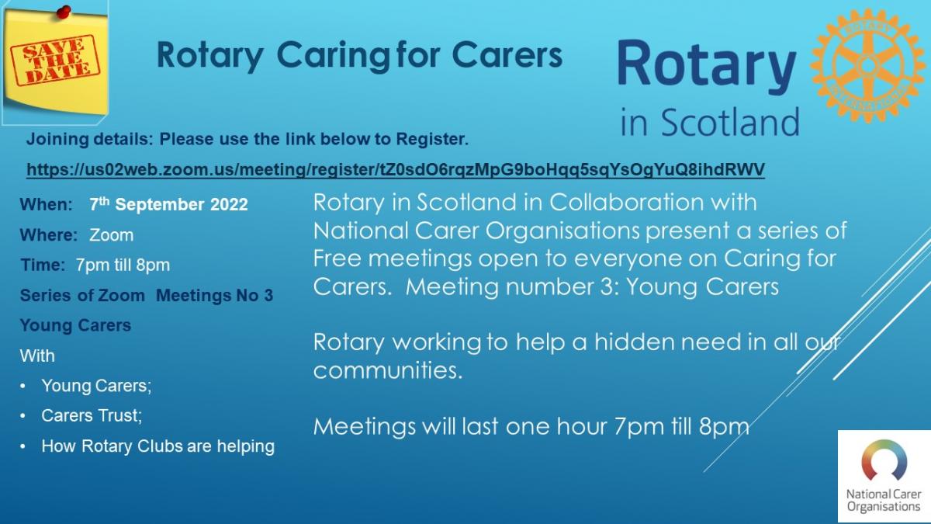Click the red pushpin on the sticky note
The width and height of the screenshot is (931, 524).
(64, 12)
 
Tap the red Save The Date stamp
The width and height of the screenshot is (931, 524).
(55, 61)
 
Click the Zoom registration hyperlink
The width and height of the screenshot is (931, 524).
(395, 170)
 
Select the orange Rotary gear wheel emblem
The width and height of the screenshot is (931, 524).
(868, 65)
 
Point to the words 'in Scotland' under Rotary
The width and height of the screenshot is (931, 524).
(710, 122)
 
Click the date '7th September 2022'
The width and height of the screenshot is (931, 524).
(169, 204)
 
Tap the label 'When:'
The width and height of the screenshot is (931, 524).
(46, 205)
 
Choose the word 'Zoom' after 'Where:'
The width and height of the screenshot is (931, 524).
(112, 235)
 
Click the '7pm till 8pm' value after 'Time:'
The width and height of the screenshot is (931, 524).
(123, 265)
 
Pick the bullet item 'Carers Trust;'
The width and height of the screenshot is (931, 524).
(92, 415)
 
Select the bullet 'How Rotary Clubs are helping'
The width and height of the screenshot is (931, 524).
(158, 446)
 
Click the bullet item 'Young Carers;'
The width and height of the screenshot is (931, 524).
(96, 386)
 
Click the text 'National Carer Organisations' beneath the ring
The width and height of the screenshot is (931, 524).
(884, 500)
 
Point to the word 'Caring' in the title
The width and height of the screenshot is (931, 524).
(334, 56)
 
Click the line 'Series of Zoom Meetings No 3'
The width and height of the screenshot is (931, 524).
(147, 295)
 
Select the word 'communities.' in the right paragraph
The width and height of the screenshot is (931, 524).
(388, 370)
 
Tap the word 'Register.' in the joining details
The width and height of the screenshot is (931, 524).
(432, 139)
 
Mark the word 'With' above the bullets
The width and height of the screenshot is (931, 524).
(37, 356)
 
